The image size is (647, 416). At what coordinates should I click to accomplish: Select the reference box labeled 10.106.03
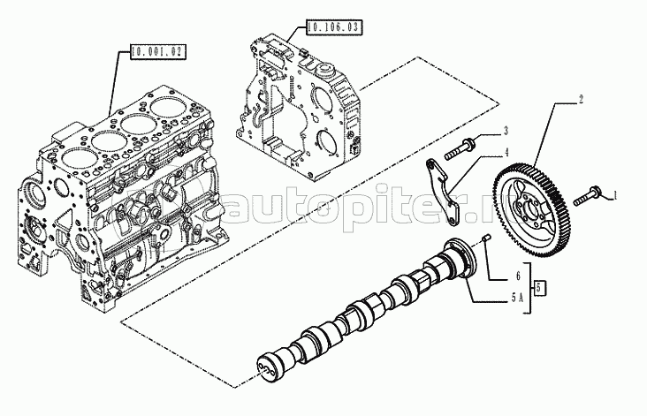[x=333, y=28]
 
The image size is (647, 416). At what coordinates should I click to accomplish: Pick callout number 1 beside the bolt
[x=615, y=193]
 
